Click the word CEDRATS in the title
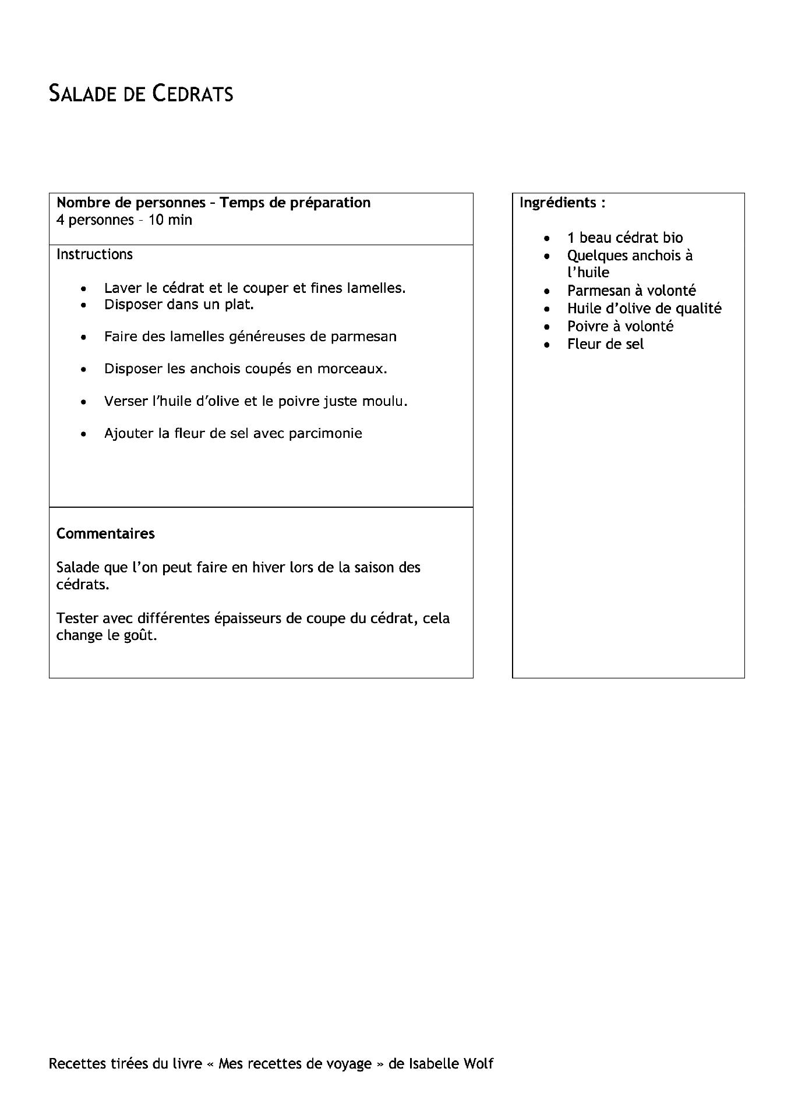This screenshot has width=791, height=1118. coord(193,94)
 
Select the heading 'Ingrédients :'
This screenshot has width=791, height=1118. coord(562,203)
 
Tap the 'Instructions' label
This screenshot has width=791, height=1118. coord(94,254)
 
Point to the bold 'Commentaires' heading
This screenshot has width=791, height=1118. coord(105,533)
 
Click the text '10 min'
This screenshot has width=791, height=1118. coord(170,220)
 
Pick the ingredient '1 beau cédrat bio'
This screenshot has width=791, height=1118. coord(624,238)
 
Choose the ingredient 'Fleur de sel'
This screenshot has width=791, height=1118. coord(605,344)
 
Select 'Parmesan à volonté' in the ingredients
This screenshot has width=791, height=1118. coord(631,291)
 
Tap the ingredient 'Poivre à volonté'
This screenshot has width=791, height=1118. coord(620,326)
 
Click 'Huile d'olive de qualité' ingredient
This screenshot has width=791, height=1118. coord(644,308)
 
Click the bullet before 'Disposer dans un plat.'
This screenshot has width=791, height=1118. coord(85,305)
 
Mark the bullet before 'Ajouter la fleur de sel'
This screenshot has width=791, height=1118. coord(85,434)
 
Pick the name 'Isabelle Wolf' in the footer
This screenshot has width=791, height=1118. coord(450,1064)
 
